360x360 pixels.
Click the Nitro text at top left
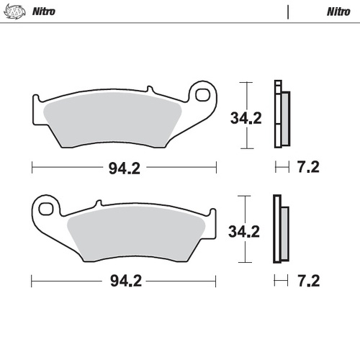pyautogui.click(x=44, y=12)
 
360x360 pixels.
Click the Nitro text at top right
pyautogui.click(x=338, y=12)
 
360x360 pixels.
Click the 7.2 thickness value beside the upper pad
pyautogui.click(x=308, y=168)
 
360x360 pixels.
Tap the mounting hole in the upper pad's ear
pyautogui.click(x=204, y=95)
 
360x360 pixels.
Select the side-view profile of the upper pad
pyautogui.click(x=281, y=113)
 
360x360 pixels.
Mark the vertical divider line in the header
pyautogui.click(x=288, y=12)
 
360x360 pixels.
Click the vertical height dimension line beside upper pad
pyautogui.click(x=248, y=115)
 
